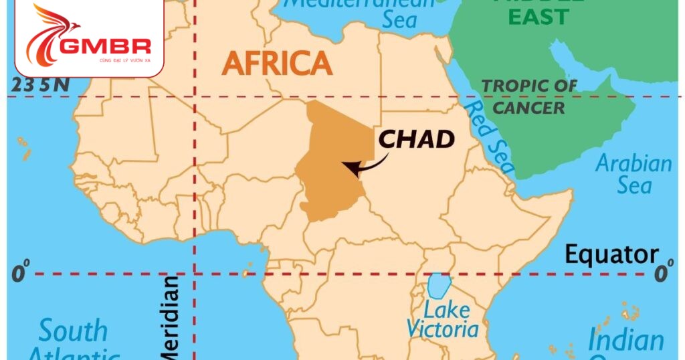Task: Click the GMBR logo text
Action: [x=106, y=46]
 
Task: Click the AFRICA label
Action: [x=277, y=64]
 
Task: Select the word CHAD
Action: [x=417, y=139]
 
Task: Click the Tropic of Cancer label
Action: [x=530, y=96]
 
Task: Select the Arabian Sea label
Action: [x=633, y=174]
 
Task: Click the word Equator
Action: [x=611, y=255]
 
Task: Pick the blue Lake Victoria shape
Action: [x=437, y=286]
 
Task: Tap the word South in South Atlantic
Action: [x=73, y=331]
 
